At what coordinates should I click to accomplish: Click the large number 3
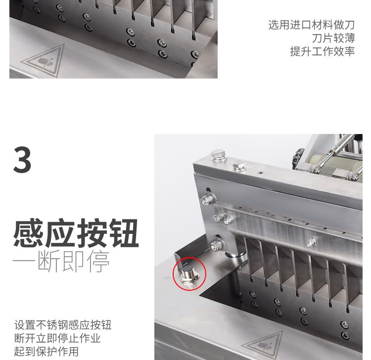[22, 160]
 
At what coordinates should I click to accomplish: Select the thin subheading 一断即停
[61, 262]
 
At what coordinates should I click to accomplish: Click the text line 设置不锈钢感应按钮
[63, 325]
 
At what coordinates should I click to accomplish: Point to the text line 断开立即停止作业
[57, 338]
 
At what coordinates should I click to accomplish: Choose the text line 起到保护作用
[46, 352]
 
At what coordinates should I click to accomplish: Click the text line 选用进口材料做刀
[311, 25]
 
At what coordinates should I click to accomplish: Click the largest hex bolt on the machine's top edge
[218, 156]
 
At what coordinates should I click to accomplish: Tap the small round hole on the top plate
[259, 174]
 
